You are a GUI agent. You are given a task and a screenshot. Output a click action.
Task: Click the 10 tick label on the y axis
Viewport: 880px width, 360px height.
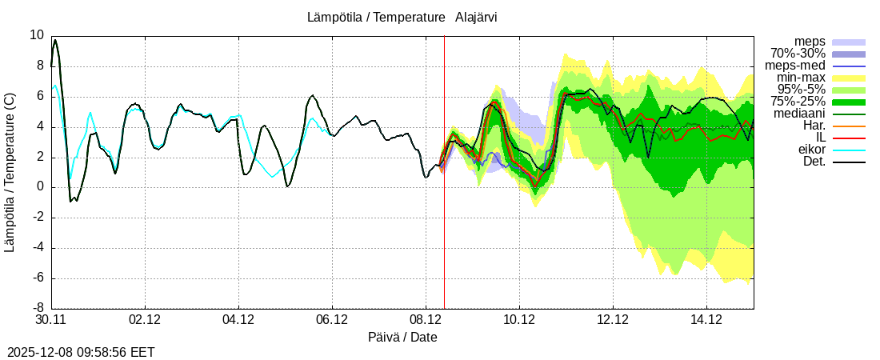37,35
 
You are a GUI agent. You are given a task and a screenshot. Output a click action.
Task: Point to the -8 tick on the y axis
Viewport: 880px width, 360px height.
37,308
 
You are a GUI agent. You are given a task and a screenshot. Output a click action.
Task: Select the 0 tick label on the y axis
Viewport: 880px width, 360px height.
40,187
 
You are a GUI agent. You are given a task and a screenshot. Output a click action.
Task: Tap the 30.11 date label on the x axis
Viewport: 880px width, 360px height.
50,320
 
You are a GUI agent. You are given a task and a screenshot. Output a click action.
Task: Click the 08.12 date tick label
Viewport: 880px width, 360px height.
426,320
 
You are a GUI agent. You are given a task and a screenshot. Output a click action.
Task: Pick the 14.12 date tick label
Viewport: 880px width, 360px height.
706,320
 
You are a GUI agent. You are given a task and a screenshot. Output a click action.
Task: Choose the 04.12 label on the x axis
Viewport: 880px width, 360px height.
238,320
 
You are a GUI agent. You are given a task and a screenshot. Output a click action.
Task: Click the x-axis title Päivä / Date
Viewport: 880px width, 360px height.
402,337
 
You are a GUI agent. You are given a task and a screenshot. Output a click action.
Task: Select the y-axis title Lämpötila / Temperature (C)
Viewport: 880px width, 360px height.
10,172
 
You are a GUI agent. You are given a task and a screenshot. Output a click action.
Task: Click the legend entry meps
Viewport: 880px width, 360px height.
810,42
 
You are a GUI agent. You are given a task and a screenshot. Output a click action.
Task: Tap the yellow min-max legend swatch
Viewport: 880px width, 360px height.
849,78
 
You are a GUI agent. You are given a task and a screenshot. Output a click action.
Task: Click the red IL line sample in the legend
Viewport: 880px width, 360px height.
849,138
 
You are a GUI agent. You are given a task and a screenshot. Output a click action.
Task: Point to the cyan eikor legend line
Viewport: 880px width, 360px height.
849,150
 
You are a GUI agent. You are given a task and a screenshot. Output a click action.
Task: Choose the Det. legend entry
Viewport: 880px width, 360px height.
814,162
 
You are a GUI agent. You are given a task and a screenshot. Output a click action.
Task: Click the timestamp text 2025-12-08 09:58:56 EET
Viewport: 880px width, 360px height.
81,352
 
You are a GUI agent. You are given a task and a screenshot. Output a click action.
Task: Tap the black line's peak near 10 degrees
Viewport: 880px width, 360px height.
55,40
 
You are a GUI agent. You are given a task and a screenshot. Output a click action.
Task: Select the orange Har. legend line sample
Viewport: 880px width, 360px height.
849,126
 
